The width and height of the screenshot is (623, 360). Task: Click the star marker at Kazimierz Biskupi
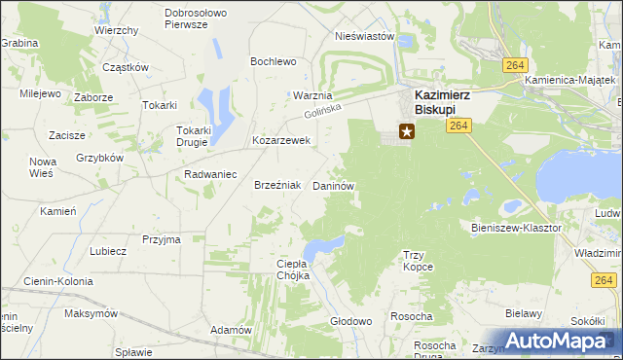click(x=406, y=130)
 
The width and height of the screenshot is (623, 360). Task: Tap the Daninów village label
click(x=332, y=185)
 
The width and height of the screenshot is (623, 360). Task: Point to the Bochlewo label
click(x=273, y=61)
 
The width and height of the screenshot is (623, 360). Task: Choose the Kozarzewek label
click(x=280, y=140)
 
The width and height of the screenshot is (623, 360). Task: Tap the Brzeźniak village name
click(x=275, y=185)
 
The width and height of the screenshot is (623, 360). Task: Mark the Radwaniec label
click(x=211, y=174)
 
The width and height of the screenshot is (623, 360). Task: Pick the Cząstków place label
click(x=126, y=67)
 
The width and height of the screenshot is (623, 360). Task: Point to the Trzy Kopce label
click(x=418, y=260)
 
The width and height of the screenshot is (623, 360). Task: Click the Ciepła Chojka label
click(x=293, y=269)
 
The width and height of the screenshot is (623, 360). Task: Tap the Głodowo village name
click(x=351, y=321)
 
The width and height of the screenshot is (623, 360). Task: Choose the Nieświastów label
click(x=364, y=36)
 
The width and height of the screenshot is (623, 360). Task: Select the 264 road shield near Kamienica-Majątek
click(x=516, y=64)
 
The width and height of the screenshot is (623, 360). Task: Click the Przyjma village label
click(x=162, y=238)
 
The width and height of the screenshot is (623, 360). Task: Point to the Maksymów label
click(x=91, y=314)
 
